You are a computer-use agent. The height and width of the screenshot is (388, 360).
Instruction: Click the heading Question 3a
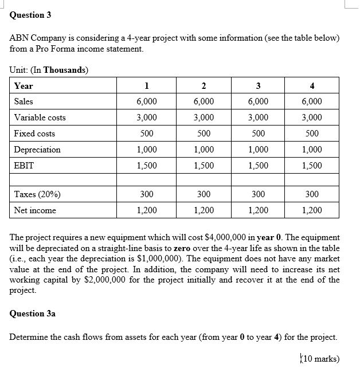pyautogui.click(x=33, y=313)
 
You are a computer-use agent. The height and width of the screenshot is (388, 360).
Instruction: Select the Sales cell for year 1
pyautogui.click(x=147, y=101)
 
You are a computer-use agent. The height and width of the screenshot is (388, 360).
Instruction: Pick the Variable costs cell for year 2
pyautogui.click(x=203, y=117)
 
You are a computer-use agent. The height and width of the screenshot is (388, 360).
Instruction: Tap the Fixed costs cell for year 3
pyautogui.click(x=259, y=134)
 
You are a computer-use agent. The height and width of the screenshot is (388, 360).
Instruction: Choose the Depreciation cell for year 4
pyautogui.click(x=312, y=150)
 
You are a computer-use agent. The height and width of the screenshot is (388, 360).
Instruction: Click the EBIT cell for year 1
pyautogui.click(x=147, y=166)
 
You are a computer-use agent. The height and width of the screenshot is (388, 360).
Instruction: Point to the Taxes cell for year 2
pyautogui.click(x=203, y=194)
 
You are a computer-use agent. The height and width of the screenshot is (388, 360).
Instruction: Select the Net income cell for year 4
pyautogui.click(x=312, y=210)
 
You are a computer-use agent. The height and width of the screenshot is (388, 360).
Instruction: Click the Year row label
pyautogui.click(x=24, y=86)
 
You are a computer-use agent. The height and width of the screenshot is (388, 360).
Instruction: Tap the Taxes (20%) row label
pyautogui.click(x=37, y=194)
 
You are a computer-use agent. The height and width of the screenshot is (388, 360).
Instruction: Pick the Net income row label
pyautogui.click(x=35, y=210)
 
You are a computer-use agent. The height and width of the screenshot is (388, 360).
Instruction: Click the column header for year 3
pyautogui.click(x=259, y=86)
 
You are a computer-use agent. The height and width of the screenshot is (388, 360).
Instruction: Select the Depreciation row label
pyautogui.click(x=37, y=150)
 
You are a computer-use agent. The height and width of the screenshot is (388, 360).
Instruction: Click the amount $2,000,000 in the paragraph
pyautogui.click(x=186, y=280)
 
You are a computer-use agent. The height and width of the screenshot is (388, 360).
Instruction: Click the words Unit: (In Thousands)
pyautogui.click(x=49, y=70)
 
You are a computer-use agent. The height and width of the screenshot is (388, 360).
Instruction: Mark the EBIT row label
pyautogui.click(x=24, y=166)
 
